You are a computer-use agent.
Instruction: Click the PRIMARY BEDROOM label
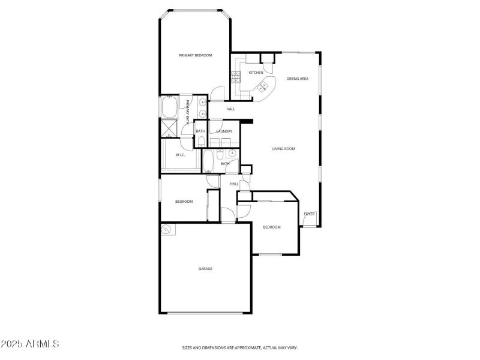click(x=196, y=55)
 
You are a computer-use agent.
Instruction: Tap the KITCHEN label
click(x=256, y=73)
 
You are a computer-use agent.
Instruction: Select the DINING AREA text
click(x=298, y=79)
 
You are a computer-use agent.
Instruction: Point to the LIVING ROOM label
click(x=284, y=149)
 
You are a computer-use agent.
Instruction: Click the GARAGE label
click(x=206, y=269)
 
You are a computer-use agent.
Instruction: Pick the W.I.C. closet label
click(x=180, y=155)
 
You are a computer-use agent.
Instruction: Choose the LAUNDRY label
click(x=224, y=131)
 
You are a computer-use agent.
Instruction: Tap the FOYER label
click(x=309, y=214)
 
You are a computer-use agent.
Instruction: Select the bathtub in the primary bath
click(x=168, y=108)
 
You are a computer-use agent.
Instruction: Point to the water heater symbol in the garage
click(x=167, y=229)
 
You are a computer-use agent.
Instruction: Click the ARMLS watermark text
click(x=30, y=344)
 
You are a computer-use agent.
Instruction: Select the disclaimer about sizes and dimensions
click(x=240, y=347)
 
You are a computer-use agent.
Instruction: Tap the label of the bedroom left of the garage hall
click(x=184, y=202)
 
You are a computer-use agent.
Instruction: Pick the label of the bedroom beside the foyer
click(x=272, y=227)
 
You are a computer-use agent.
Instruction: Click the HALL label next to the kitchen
click(x=230, y=109)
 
